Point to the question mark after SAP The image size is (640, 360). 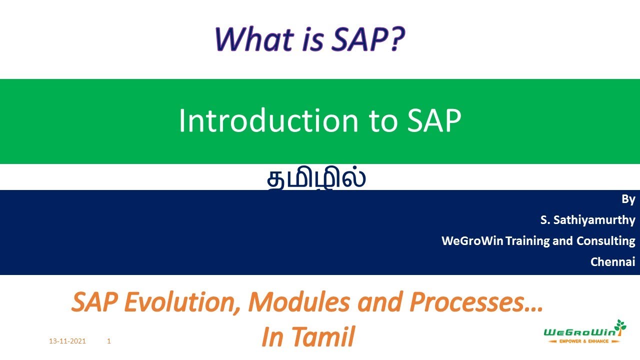(x=393, y=38)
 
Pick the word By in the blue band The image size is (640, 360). (x=628, y=199)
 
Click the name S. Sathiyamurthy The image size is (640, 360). (x=587, y=220)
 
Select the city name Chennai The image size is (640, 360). (x=612, y=261)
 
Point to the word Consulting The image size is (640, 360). (x=605, y=241)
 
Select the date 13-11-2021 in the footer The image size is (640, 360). (x=67, y=341)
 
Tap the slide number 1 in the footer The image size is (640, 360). (x=109, y=341)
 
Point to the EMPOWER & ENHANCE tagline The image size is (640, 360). (x=584, y=341)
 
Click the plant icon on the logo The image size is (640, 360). (x=620, y=326)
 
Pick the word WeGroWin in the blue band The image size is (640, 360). (x=472, y=241)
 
